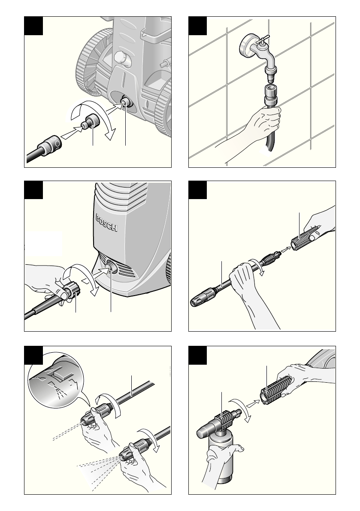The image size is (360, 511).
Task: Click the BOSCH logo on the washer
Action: (x=106, y=223)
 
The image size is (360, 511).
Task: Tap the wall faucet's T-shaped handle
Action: (x=263, y=40)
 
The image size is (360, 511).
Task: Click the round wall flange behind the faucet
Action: (x=247, y=45)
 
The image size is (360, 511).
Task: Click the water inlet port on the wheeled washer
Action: (x=125, y=103)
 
